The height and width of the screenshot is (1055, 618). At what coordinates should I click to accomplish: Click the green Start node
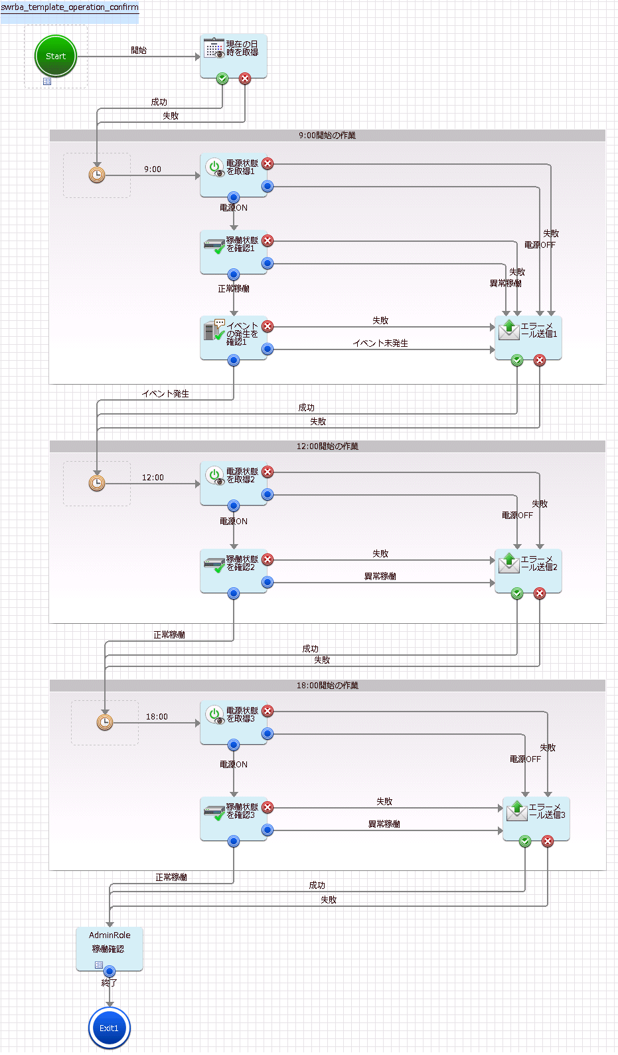coord(56,56)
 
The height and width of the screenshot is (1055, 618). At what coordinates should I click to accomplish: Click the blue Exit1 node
coord(109,1028)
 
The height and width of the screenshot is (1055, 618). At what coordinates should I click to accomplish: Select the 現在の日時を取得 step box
coord(234,54)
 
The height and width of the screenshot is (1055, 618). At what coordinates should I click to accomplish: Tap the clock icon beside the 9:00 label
coord(97,175)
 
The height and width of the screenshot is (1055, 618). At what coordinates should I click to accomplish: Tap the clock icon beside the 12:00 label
coord(97,483)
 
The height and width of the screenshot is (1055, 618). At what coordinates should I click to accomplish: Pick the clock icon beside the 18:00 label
coord(105,722)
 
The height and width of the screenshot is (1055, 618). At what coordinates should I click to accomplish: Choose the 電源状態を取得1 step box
coord(233,174)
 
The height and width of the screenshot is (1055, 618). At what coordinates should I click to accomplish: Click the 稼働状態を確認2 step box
coord(233,570)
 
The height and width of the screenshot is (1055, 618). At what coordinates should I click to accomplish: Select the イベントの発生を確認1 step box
coord(233,337)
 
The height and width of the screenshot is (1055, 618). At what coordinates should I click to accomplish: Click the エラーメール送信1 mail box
coord(528,337)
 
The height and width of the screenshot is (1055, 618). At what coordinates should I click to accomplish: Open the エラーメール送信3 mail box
coord(536,817)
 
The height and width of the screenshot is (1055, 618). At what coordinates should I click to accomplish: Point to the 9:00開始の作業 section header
coord(327,136)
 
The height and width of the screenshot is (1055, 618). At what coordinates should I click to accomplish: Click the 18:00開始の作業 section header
coord(327,686)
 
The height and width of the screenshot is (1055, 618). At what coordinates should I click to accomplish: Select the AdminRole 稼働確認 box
coord(110,947)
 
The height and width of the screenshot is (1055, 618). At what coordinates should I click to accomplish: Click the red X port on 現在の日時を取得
coord(245,79)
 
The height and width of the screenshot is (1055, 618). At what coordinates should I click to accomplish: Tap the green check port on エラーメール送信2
coord(517,593)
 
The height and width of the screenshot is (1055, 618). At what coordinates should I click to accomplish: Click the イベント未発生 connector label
coord(380,343)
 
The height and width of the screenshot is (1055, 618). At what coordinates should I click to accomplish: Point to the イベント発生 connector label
coord(165,394)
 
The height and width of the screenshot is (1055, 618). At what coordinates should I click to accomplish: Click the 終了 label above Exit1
coord(110,983)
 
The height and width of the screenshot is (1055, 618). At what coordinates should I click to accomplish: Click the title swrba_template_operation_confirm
coord(70,7)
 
